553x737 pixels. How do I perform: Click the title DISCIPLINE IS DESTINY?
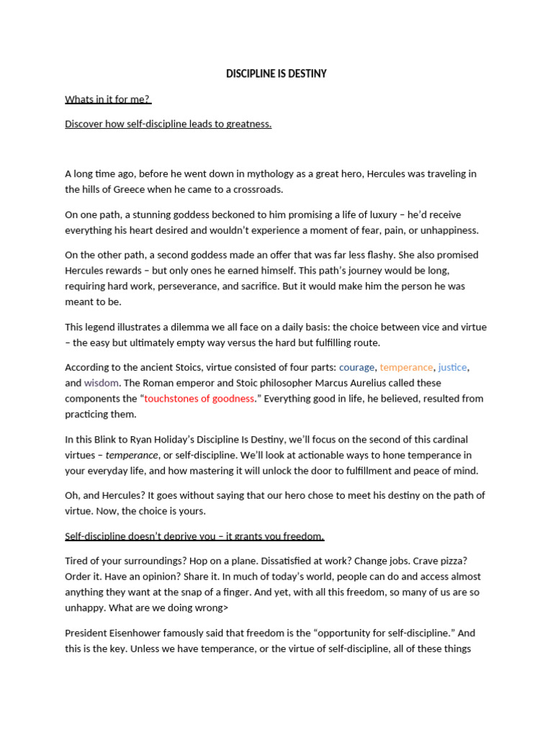pos(276,73)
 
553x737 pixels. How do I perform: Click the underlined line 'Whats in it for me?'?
pos(107,99)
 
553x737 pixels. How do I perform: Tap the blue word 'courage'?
pos(356,367)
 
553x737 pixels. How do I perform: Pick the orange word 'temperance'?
pos(406,367)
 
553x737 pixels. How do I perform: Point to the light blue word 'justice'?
pos(453,367)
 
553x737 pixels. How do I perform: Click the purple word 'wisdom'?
pos(101,383)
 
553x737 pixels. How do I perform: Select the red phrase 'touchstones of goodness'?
pos(199,399)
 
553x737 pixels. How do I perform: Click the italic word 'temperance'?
pos(132,455)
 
